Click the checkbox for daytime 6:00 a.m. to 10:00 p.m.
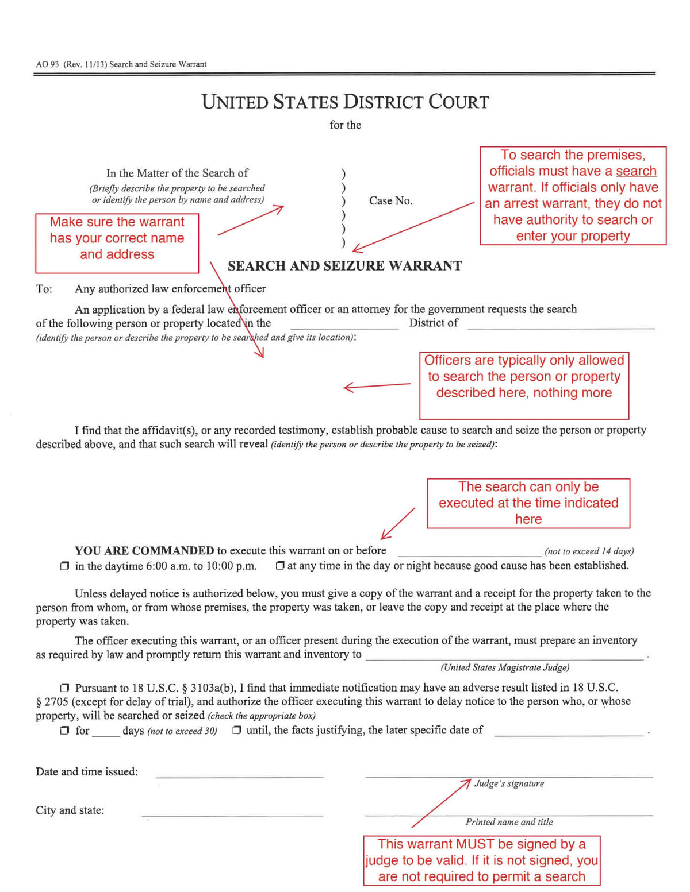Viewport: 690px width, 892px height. [x=64, y=566]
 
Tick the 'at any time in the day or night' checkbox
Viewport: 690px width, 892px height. [x=280, y=566]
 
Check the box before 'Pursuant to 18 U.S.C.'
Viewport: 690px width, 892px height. [x=64, y=688]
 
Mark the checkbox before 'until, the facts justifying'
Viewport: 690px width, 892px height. [x=237, y=731]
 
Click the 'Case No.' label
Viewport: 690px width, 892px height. [x=390, y=201]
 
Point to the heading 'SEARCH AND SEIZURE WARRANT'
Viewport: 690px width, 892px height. [x=344, y=266]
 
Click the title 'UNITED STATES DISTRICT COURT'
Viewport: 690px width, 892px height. [x=345, y=102]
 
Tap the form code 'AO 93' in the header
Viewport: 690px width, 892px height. [x=47, y=64]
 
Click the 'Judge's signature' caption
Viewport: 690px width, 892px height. [x=509, y=783]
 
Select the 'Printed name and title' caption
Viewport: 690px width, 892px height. [x=509, y=822]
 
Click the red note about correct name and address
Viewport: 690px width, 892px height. [x=117, y=238]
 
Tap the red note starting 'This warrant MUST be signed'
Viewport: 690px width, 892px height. [x=482, y=860]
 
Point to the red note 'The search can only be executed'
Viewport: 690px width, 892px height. [x=528, y=503]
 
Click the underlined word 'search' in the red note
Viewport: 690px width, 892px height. [x=636, y=171]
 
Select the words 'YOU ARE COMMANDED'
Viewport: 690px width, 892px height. [x=144, y=551]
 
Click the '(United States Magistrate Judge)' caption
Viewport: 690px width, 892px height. [x=505, y=667]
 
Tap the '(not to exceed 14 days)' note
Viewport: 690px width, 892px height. [x=589, y=551]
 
